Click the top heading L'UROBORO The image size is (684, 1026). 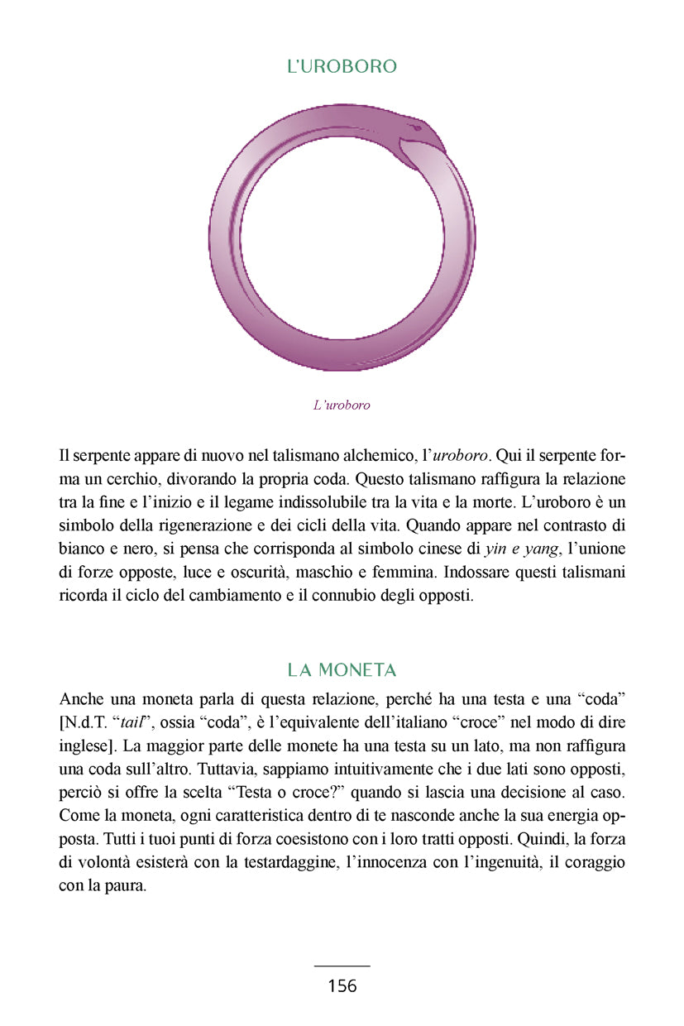point(342,67)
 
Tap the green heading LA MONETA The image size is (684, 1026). point(342,669)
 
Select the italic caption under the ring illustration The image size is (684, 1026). point(342,405)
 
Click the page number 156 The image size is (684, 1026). point(342,985)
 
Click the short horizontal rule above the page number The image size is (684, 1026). point(342,966)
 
